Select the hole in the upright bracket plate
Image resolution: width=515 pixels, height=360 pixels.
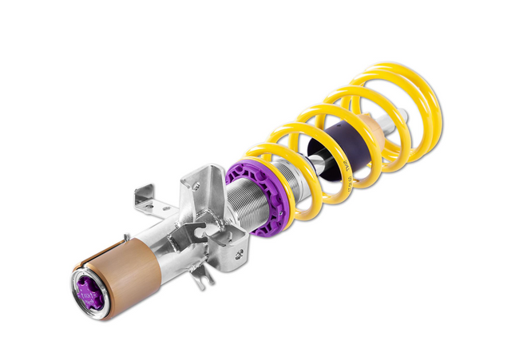pos(196,186)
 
